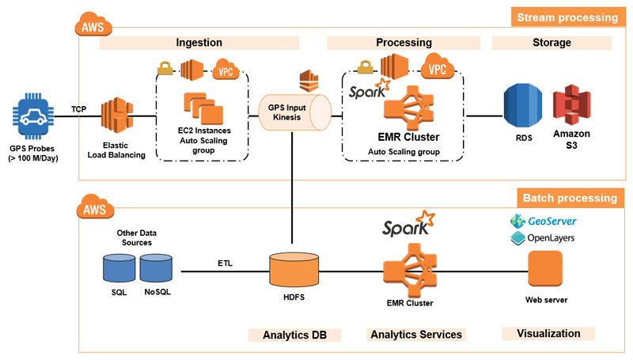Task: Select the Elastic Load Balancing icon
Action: click(x=116, y=117)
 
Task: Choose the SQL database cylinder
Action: click(x=119, y=269)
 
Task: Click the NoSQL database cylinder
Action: click(x=155, y=269)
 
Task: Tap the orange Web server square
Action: click(x=544, y=269)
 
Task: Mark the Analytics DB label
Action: click(x=294, y=335)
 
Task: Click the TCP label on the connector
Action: click(x=79, y=109)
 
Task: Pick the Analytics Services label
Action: click(x=415, y=335)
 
